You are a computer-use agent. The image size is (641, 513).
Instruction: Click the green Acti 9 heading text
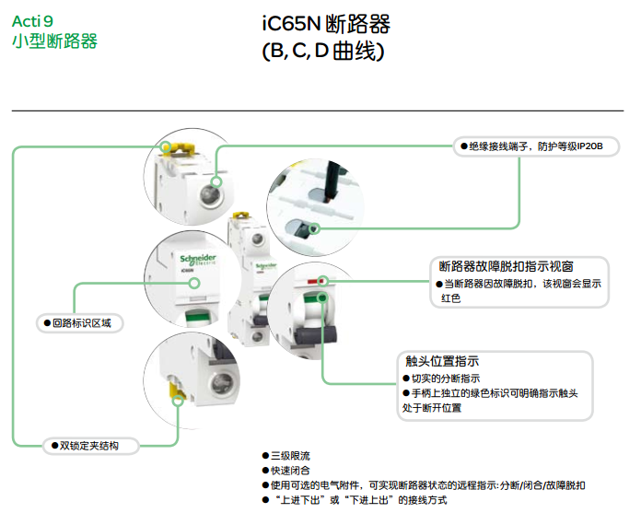[32, 21]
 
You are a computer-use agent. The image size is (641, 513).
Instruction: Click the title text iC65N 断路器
[326, 24]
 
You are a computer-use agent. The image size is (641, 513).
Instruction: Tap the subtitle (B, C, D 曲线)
[323, 51]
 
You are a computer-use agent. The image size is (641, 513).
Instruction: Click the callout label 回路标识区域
[82, 323]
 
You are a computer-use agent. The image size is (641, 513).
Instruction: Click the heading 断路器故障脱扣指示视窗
[507, 266]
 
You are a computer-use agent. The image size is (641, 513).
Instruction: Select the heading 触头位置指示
[442, 361]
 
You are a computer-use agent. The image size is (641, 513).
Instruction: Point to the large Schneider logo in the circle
[198, 259]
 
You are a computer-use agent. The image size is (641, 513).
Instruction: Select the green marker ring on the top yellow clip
[166, 147]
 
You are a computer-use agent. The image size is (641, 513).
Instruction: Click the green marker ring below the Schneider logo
[194, 283]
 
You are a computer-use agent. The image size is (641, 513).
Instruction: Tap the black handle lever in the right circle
[317, 334]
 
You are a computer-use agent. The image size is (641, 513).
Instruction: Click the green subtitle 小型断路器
[54, 41]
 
